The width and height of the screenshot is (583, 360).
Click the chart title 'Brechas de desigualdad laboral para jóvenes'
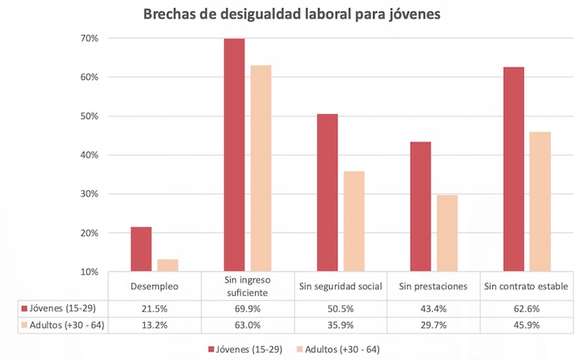click(291, 14)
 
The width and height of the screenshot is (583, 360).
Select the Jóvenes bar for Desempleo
click(141, 249)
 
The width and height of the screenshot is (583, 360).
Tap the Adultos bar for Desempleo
click(167, 265)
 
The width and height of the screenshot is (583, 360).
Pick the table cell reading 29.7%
click(434, 326)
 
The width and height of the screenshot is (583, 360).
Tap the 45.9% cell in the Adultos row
click(527, 326)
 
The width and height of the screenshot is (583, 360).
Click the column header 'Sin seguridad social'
click(341, 287)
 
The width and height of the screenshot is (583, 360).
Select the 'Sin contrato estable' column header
click(527, 287)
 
